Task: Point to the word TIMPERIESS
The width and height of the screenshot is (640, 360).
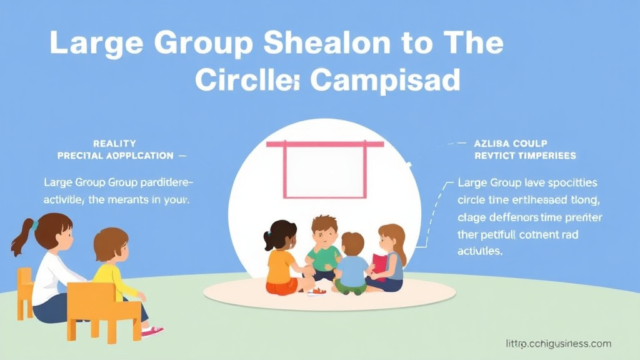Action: [543, 155]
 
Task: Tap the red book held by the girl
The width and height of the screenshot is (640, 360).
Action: [379, 266]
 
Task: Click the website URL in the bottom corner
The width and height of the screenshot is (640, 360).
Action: [557, 344]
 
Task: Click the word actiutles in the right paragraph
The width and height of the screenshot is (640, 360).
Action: [479, 251]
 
